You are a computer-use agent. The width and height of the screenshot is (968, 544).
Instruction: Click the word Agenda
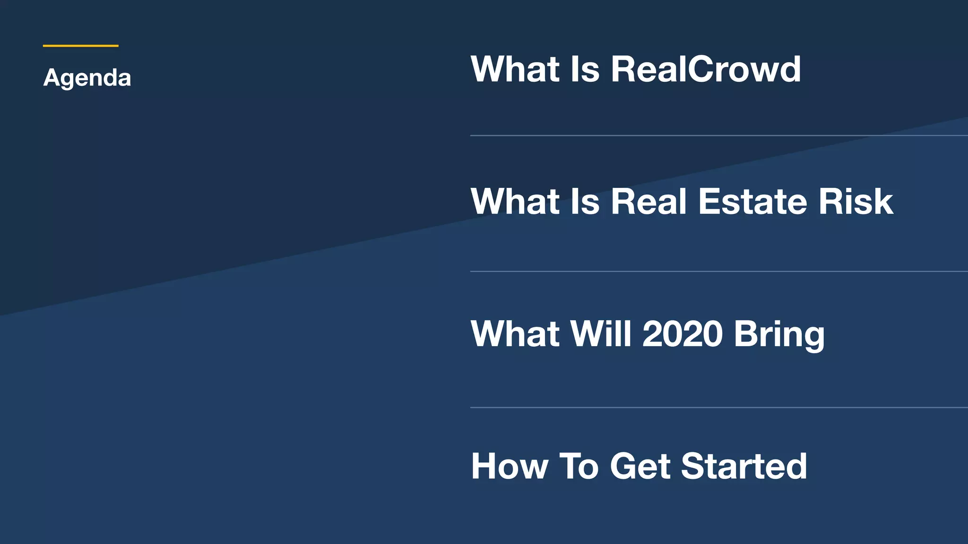[x=87, y=78]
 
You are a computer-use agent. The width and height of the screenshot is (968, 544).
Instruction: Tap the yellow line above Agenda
[x=80, y=46]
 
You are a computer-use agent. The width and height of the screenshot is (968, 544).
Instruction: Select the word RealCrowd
[x=706, y=69]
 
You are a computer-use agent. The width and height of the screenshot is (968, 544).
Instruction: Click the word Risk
[x=856, y=201]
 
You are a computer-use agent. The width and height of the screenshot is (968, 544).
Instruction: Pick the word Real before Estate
[x=648, y=201]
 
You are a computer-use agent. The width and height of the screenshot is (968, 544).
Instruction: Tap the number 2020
[x=683, y=334]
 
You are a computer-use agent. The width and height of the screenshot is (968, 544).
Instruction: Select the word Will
[x=601, y=334]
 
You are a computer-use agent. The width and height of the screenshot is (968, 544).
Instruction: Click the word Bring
[x=779, y=335]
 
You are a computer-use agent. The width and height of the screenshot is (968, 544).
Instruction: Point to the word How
[x=510, y=466]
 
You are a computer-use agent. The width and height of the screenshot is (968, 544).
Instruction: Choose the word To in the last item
[x=579, y=466]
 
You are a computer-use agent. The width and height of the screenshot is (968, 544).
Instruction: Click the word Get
[x=640, y=466]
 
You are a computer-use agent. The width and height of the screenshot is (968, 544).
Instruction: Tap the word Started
[x=744, y=466]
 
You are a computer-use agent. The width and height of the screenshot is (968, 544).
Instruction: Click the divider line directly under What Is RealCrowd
[x=718, y=136]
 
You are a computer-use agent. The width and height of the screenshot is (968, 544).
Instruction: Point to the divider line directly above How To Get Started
[x=718, y=407]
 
